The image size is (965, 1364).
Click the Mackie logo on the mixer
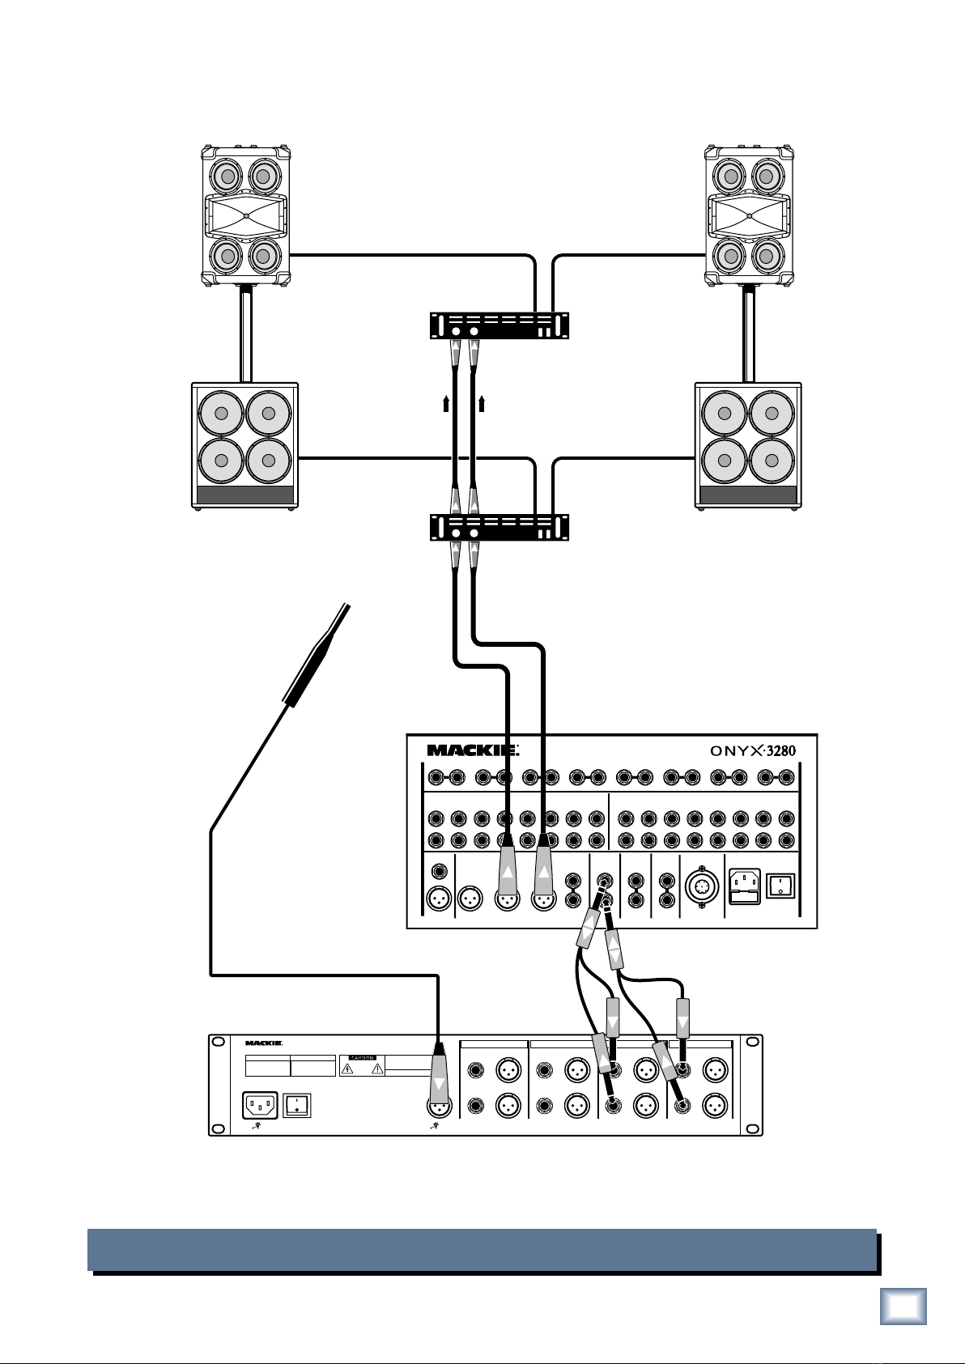472,750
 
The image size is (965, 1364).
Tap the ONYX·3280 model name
754,750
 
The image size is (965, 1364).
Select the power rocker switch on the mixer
780,884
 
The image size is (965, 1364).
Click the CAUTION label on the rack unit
362,1057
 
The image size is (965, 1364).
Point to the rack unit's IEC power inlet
261,1105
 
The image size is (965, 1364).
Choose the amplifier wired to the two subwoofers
499,527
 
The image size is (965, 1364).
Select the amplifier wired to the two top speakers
499,325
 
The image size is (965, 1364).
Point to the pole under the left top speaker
245,336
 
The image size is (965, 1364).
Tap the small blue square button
903,1306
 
